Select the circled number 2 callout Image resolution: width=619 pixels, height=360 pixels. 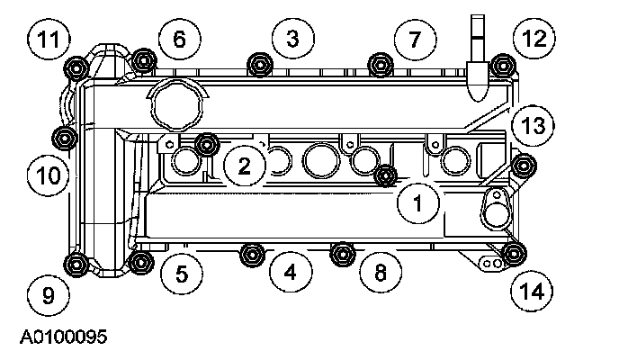point(245,165)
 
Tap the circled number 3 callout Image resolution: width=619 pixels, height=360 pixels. point(292,38)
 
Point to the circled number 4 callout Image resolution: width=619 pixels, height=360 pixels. point(290,270)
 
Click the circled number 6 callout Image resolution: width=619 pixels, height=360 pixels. point(178,39)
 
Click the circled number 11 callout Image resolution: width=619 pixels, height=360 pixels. point(49,40)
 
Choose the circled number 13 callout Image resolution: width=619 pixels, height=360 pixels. point(533,126)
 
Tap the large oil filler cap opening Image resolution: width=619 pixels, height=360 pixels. point(176,106)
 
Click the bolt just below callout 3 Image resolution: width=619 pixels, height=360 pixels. point(261,64)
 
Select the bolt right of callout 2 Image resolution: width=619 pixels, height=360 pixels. point(208,144)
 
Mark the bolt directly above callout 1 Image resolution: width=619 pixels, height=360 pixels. point(387,175)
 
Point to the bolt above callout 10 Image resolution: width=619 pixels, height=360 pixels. point(65,138)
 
